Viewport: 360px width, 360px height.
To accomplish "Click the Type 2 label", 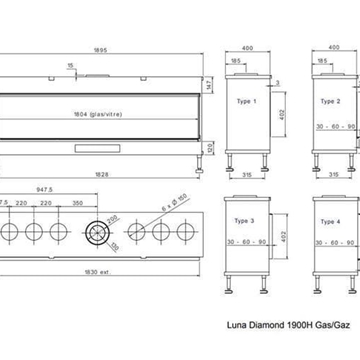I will pyautogui.click(x=332, y=102).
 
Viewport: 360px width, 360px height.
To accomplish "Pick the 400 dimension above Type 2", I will pyautogui.click(x=330, y=46).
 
